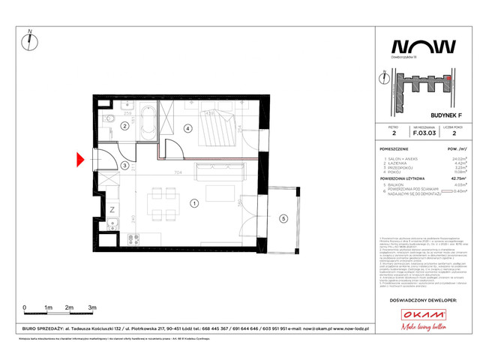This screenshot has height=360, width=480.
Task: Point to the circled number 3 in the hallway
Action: (x=125, y=166)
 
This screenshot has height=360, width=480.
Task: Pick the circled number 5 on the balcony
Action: (x=283, y=218)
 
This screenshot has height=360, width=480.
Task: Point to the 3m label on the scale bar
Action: (x=91, y=308)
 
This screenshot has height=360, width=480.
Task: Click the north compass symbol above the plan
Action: (x=28, y=41)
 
